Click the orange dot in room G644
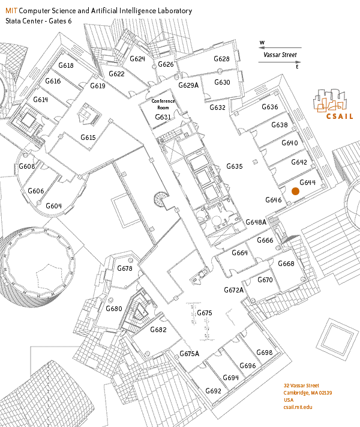[x=295, y=191]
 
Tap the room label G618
[x=65, y=65]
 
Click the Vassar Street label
[x=280, y=55]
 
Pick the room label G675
[x=205, y=313]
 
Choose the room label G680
[x=114, y=309]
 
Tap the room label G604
[x=53, y=206]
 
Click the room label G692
[x=213, y=391]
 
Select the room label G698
[x=264, y=353]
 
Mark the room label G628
[x=222, y=59]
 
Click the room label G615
[x=88, y=138]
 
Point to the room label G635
[x=234, y=166]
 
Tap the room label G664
[x=239, y=253]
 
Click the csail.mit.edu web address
[x=298, y=407]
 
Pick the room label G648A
[x=256, y=222]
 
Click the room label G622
[x=116, y=74]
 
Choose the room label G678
[x=125, y=268]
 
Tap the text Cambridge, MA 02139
[x=308, y=393]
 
